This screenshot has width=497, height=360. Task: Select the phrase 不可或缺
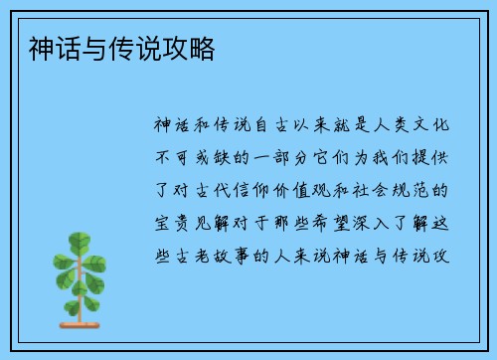point(195,157)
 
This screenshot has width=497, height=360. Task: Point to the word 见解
point(216,221)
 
